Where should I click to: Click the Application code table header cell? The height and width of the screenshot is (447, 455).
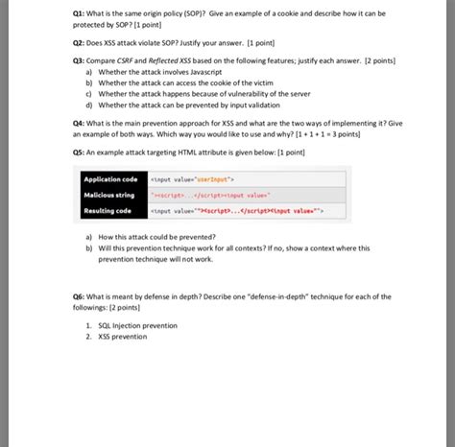[x=110, y=179]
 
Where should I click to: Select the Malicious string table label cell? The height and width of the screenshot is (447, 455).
[x=109, y=195]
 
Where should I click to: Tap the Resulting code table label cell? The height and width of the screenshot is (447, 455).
[x=108, y=210]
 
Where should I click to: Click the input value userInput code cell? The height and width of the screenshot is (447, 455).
[x=192, y=179]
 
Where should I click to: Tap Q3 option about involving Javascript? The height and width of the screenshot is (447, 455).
[x=163, y=72]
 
